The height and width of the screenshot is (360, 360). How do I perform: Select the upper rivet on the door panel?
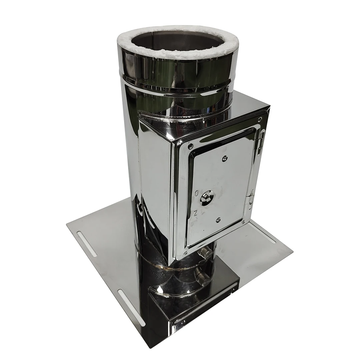(x=225, y=159)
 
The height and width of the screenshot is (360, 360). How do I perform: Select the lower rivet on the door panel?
(x=218, y=220)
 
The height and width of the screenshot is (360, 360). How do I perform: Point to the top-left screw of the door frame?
(x=190, y=145)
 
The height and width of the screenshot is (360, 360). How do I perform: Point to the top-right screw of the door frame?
(x=259, y=119)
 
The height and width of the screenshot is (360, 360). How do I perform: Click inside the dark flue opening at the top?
(x=177, y=42)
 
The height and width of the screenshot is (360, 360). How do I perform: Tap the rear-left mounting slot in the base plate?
(x=87, y=243)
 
